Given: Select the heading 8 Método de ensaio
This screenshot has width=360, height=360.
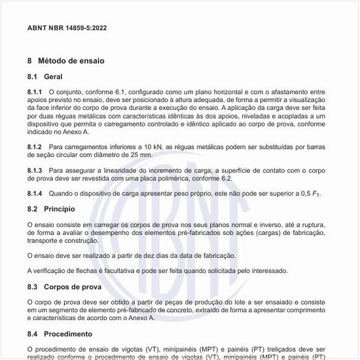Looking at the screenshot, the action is [x=65, y=60].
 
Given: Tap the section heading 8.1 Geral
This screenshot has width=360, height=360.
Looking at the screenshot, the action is [x=45, y=77].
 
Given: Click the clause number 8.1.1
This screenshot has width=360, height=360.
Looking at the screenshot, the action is [x=35, y=92].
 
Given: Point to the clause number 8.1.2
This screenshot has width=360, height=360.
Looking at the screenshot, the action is [x=35, y=146].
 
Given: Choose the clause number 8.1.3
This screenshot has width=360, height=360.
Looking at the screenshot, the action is [x=35, y=170].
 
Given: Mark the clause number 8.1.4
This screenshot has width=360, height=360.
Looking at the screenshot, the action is [x=35, y=194].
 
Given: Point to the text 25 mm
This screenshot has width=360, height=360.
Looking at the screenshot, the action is [x=142, y=154].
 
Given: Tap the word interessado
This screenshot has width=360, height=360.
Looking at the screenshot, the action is [x=266, y=271].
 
